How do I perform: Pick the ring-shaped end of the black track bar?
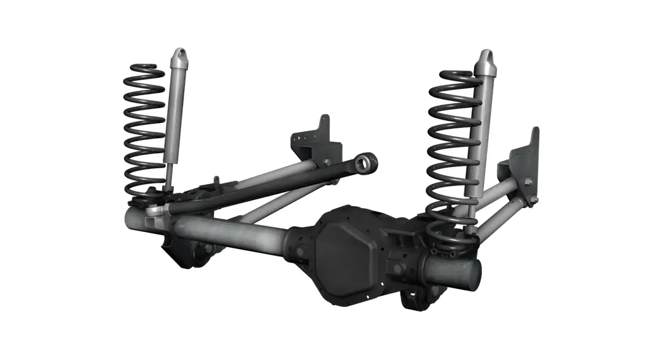tap(365, 163)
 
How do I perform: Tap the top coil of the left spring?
tap(144, 68)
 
